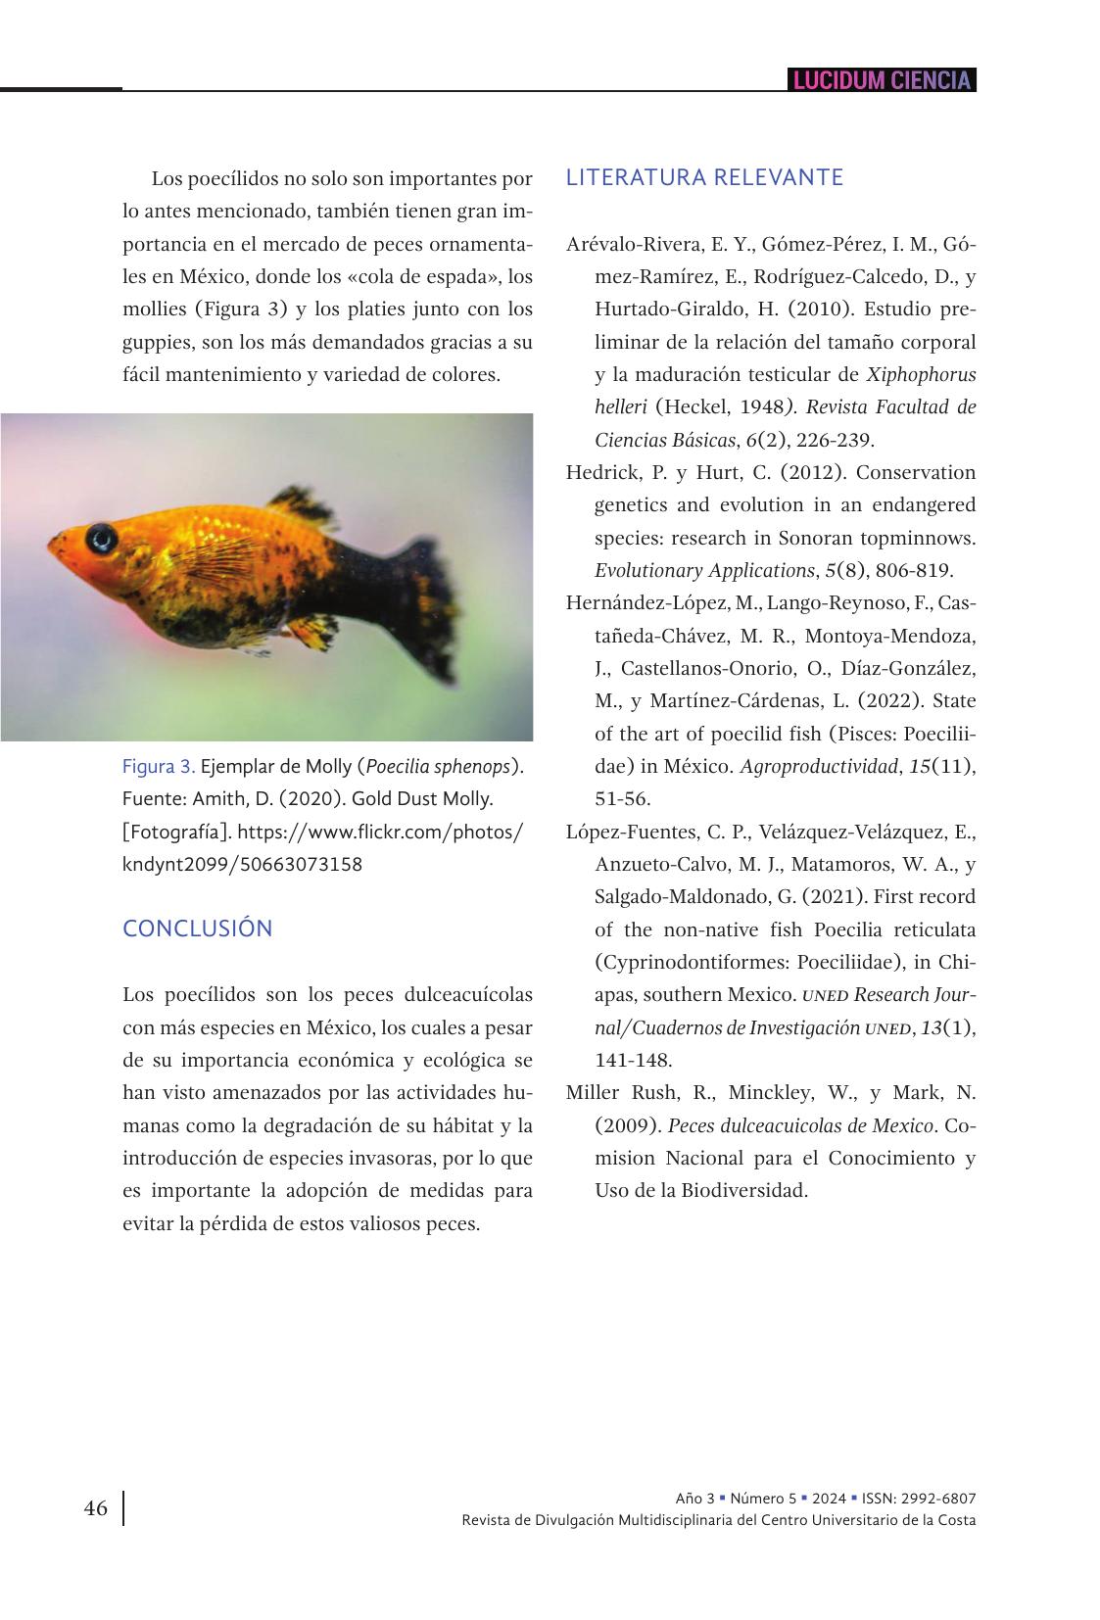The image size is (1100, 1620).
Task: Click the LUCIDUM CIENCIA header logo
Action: pos(882,80)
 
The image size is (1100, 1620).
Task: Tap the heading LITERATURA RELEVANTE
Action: pos(704,177)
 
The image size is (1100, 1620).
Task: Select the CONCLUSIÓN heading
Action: pos(198,929)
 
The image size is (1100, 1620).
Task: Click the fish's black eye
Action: pos(101,537)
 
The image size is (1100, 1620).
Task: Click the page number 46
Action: pos(96,1508)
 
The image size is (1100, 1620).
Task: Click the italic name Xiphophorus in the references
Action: pos(921,374)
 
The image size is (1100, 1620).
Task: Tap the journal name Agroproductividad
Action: pos(818,766)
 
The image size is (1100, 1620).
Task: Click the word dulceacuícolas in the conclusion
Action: pos(467,994)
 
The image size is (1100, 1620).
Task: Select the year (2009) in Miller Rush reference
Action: pos(627,1125)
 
